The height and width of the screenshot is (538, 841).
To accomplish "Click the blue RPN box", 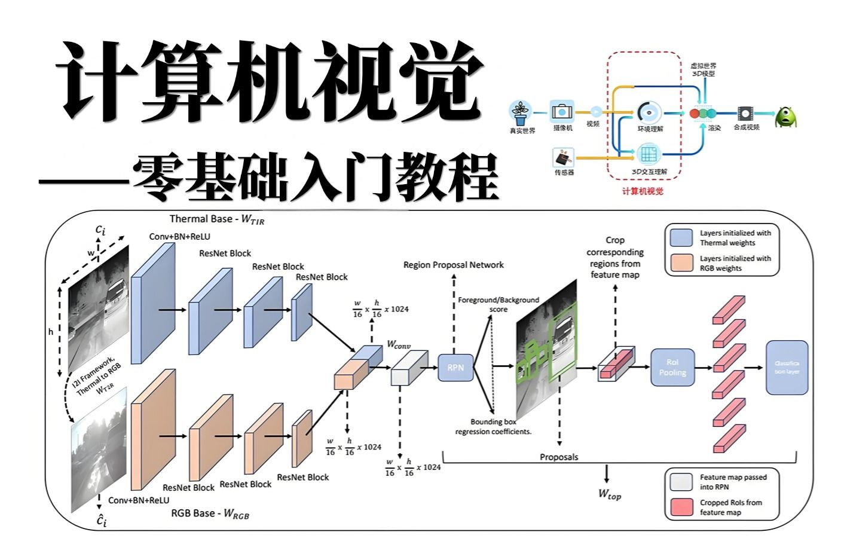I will [455, 368].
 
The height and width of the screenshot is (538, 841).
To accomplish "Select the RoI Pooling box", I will [672, 368].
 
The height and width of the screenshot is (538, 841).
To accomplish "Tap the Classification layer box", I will [787, 368].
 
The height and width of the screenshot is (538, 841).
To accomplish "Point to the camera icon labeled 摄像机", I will [562, 112].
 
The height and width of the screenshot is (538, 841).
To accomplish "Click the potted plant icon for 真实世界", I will [521, 112].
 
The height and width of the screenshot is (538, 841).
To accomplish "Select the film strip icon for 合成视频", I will [745, 113].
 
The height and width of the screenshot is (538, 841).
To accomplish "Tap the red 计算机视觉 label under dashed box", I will [643, 191].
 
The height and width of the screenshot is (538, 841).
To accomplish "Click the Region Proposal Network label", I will [453, 265].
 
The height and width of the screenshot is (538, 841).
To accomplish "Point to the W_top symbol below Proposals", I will [610, 493].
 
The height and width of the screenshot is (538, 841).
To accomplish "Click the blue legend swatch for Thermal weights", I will [681, 237].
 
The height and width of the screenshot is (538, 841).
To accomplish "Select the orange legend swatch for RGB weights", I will [681, 263].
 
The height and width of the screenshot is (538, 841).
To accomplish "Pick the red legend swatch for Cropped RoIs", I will [681, 507].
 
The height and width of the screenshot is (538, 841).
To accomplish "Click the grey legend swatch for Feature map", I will [681, 482].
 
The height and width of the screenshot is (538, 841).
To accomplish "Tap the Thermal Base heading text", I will [216, 219].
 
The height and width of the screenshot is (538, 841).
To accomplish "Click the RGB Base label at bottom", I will [210, 513].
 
